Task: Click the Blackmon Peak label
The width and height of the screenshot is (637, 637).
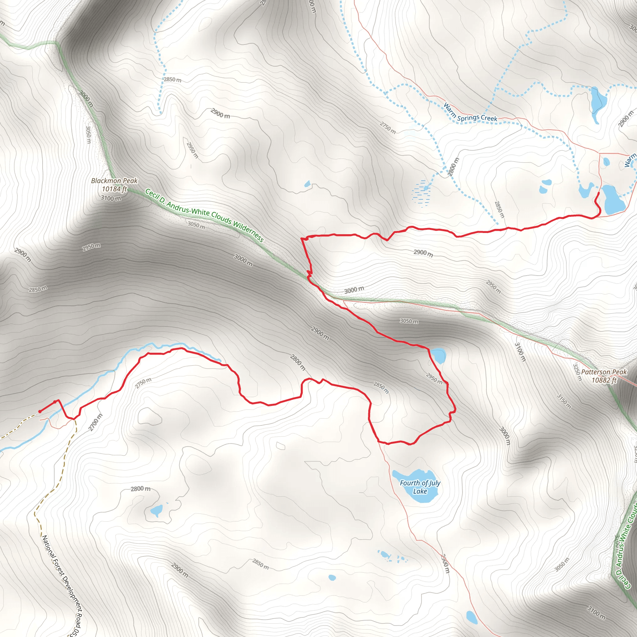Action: [114, 181]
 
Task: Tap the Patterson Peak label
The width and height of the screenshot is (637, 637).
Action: [604, 372]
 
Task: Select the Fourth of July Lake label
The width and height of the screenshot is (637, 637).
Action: [420, 487]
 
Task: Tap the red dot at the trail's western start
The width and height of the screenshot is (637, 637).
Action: [40, 411]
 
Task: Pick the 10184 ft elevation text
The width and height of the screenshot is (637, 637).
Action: [114, 189]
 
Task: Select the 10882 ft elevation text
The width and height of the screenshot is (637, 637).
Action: [604, 380]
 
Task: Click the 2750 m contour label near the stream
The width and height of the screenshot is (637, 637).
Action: [143, 383]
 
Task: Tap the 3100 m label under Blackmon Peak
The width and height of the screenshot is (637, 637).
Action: [111, 198]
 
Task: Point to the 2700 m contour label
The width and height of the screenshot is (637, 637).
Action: [95, 422]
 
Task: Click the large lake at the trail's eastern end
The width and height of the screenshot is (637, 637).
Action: [613, 199]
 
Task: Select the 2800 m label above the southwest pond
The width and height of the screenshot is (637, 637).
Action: [141, 489]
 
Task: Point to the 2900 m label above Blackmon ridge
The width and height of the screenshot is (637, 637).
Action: [220, 114]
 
